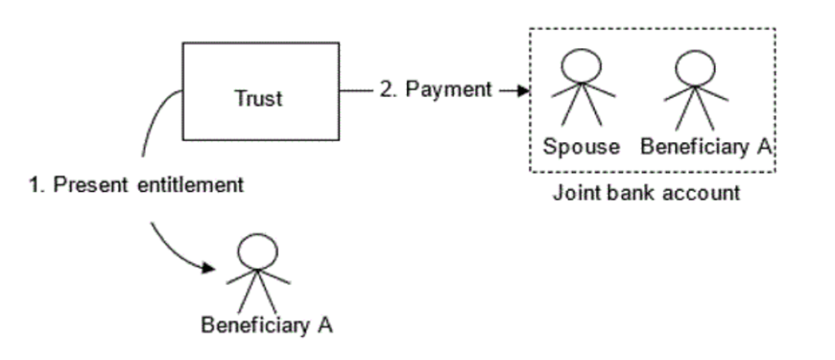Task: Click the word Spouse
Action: tap(584, 148)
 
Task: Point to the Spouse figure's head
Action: tap(583, 66)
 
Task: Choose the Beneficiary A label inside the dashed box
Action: tap(705, 148)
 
